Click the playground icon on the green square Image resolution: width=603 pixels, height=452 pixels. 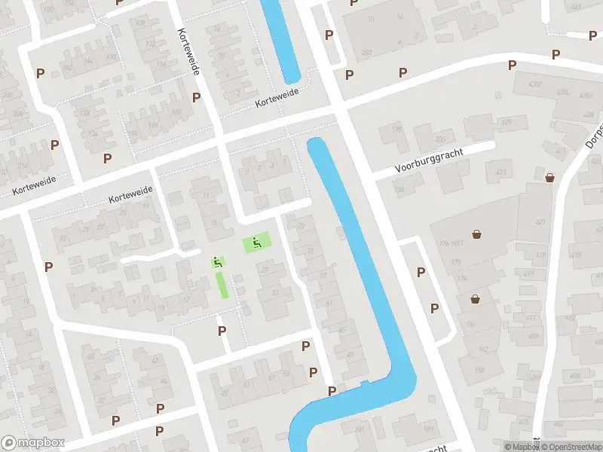tap(257, 243)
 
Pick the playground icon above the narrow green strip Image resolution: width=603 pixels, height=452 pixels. tap(217, 262)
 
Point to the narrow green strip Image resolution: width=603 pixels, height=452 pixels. tap(222, 285)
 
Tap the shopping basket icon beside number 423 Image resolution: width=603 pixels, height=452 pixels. tap(549, 178)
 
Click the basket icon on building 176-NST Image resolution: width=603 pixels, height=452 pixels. tap(476, 233)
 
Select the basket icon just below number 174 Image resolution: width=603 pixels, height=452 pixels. tap(476, 298)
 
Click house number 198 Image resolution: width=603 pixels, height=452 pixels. tap(397, 129)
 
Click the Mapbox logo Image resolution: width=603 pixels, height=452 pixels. tap(31, 442)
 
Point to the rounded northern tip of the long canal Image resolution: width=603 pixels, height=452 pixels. tap(316, 142)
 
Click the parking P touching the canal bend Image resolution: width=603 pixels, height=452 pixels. tap(332, 391)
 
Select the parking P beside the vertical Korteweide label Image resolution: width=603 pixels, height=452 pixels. tap(196, 97)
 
